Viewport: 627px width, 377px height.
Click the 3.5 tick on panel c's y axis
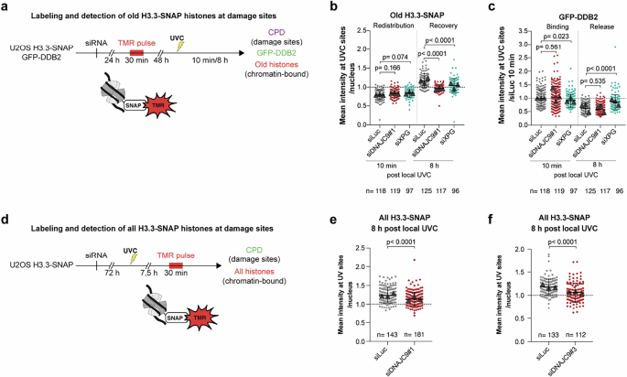click(x=476, y=30)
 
